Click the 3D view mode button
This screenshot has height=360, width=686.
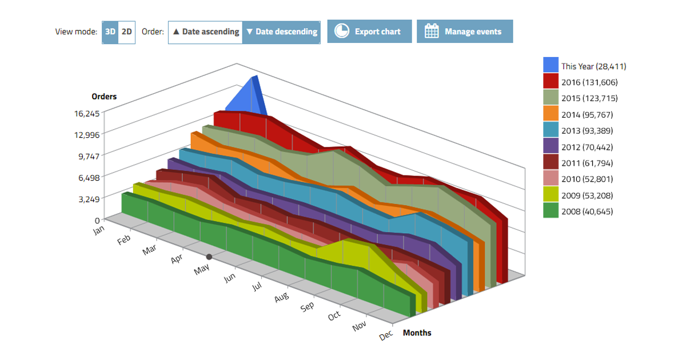pos(110,32)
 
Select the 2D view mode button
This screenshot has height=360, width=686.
pos(127,32)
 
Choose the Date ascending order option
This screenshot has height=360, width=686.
pos(206,32)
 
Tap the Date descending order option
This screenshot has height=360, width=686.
pos(281,32)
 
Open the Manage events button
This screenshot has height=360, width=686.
pos(464,31)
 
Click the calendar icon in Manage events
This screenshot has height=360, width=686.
pos(432,31)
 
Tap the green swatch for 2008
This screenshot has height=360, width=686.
pos(551,211)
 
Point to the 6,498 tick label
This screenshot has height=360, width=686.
pos(89,178)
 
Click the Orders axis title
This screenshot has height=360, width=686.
pos(104,97)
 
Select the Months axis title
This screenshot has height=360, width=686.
pos(417,333)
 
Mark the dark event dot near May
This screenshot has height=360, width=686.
pos(209,257)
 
